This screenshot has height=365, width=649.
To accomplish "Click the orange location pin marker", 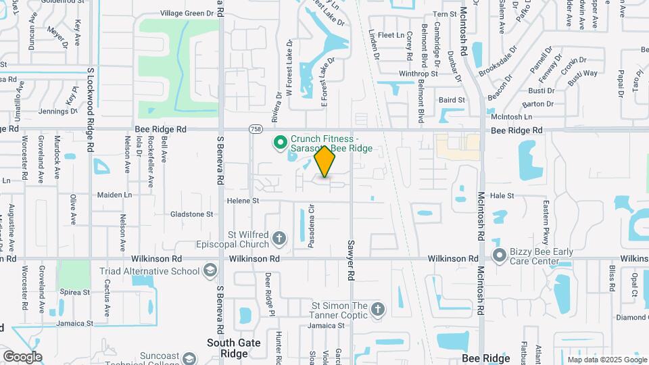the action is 325,162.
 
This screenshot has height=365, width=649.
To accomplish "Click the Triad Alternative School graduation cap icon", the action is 210,271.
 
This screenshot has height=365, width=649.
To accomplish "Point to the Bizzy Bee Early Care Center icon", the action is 500,255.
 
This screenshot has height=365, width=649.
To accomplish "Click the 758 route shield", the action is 256,128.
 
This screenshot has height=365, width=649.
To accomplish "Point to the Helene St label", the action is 243,201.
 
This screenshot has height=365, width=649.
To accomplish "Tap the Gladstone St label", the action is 191,214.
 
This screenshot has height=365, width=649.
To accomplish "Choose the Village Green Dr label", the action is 186,13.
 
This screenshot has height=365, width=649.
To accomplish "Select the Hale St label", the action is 502,195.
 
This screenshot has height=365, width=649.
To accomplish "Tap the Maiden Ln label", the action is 114,195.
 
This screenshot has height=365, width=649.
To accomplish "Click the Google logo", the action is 22,356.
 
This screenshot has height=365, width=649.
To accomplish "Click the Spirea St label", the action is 75,292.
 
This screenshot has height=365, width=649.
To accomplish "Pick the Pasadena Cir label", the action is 312,226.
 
